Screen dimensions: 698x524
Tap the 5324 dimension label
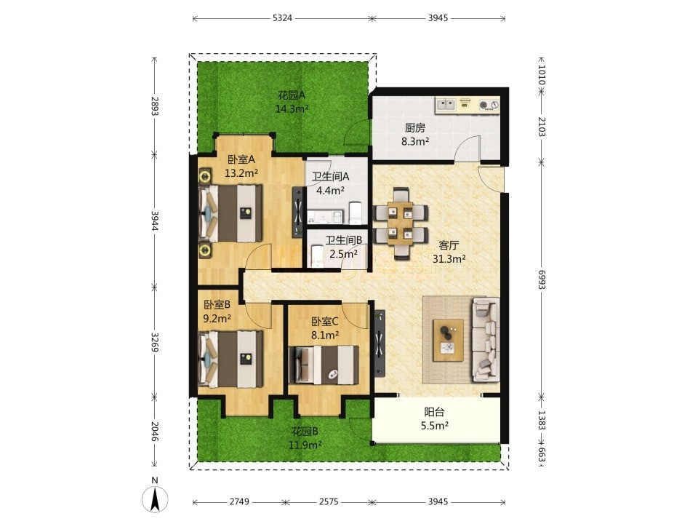pos(282,18)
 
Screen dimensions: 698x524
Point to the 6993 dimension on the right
pos(541,279)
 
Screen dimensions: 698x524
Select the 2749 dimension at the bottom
pos(239,501)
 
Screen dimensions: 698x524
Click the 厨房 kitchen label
pos(415,128)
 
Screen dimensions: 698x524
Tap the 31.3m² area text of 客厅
pos(449,258)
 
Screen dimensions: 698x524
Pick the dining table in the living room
pos(401,223)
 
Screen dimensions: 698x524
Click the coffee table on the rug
pos(449,340)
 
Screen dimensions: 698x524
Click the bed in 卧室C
pos(324,365)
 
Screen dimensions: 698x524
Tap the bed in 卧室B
pos(230,359)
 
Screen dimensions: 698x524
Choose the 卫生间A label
pos(330,177)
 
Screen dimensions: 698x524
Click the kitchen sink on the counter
pos(446,105)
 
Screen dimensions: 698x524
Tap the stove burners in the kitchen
pos(489,106)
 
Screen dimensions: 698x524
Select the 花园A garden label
pos(292,95)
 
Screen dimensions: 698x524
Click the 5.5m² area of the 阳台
pos(435,426)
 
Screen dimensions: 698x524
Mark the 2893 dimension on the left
pos(154,106)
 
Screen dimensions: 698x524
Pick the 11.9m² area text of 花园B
pos(305,445)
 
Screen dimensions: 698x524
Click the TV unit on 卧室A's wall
pos(298,212)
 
